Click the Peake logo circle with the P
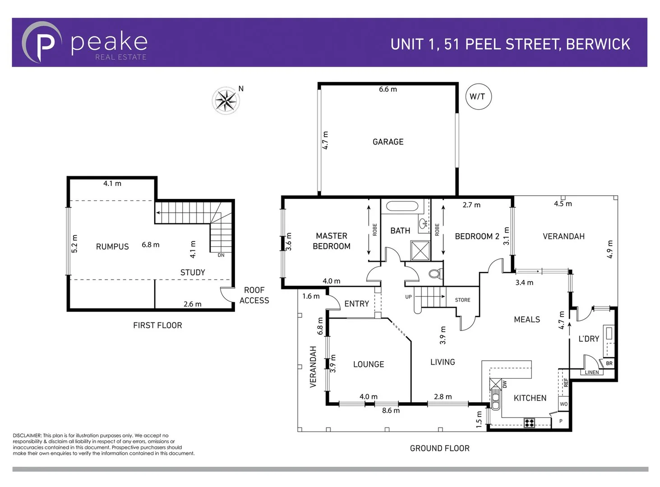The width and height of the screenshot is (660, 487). (42, 42)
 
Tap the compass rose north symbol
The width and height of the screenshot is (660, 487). (226, 101)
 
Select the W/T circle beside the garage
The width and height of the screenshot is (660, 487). (477, 96)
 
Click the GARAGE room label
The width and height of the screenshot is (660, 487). (388, 142)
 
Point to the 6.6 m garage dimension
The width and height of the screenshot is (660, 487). (388, 89)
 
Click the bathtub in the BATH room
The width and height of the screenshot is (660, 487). (401, 207)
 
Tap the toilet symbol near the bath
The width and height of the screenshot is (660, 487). (436, 273)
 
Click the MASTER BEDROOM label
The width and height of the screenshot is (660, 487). (332, 241)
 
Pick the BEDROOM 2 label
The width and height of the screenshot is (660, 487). (477, 236)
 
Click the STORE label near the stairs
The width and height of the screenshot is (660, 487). (462, 300)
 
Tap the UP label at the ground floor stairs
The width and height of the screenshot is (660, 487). (408, 297)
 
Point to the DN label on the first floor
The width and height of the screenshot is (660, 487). (221, 255)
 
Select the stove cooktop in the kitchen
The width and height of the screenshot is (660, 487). (529, 423)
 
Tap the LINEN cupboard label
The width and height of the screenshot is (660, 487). (592, 372)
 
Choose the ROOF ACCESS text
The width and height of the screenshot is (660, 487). (254, 295)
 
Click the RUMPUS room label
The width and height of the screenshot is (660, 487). (112, 247)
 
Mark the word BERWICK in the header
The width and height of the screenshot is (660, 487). (598, 44)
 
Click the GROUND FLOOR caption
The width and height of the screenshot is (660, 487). (439, 448)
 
